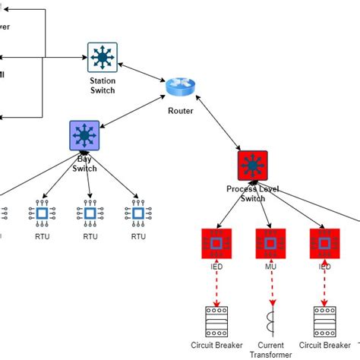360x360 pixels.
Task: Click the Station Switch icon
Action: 101,58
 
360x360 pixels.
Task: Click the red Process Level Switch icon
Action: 251,164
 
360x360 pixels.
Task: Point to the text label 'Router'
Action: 181,111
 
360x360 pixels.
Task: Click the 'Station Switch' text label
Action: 102,86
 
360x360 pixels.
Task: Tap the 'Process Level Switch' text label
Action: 246,193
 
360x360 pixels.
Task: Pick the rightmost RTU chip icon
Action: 137,215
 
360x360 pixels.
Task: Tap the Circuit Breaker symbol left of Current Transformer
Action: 218,321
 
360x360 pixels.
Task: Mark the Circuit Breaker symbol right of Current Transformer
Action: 325,321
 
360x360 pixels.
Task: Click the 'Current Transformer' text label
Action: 271,349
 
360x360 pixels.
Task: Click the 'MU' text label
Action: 271,267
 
